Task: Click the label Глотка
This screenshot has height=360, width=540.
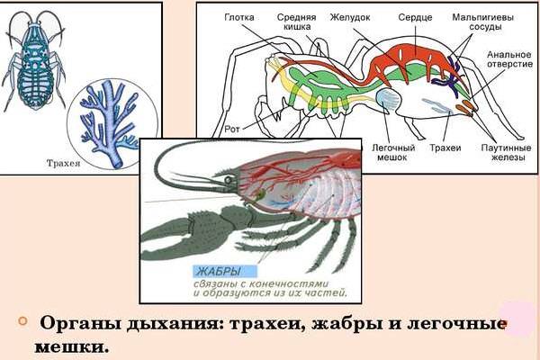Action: [239, 17]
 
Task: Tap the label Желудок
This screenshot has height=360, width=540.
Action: [350, 17]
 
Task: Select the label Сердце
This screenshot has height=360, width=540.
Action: [415, 17]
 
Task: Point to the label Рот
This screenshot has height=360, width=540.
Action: [232, 130]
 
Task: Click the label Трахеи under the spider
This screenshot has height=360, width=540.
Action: [445, 148]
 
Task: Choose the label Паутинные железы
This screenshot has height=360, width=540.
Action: [506, 153]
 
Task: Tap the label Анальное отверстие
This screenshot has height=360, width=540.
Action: [509, 59]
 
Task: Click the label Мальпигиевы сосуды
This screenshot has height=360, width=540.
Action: [482, 22]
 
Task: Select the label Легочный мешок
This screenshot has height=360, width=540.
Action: [393, 153]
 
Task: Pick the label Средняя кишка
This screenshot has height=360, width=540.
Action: [296, 22]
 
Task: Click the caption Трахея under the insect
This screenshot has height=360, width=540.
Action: [63, 163]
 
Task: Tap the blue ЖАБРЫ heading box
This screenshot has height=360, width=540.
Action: [225, 272]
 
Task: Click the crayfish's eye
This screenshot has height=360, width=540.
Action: [228, 180]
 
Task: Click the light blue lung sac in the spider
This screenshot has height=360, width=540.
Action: [388, 100]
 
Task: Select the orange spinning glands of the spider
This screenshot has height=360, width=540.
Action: [466, 107]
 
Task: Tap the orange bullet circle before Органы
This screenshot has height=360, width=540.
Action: [23, 321]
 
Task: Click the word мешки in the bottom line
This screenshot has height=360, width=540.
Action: [71, 347]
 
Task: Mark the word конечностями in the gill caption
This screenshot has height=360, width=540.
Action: [288, 284]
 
